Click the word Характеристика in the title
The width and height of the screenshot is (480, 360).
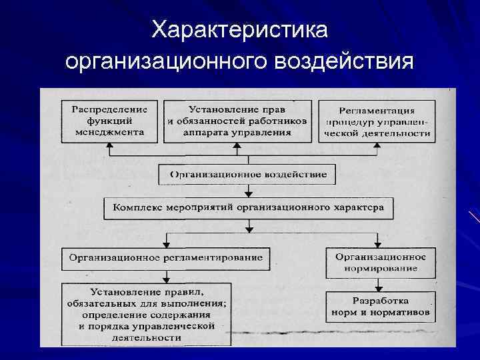pos(239,30)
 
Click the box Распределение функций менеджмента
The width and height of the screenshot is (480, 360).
pos(109,120)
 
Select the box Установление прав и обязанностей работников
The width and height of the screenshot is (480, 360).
pos(237,120)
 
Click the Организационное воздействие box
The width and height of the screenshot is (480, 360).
pos(247,175)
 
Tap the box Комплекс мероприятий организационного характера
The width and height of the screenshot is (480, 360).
pos(247,209)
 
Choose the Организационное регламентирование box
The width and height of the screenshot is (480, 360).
pos(163,257)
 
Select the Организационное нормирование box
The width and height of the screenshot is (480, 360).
pos(381,262)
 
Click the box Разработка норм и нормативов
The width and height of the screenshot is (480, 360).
pos(381,306)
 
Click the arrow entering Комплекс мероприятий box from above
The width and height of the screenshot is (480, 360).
pos(248,195)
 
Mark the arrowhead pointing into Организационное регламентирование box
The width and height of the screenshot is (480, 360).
pos(166,243)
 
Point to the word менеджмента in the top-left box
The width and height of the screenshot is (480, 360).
pos(110,132)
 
